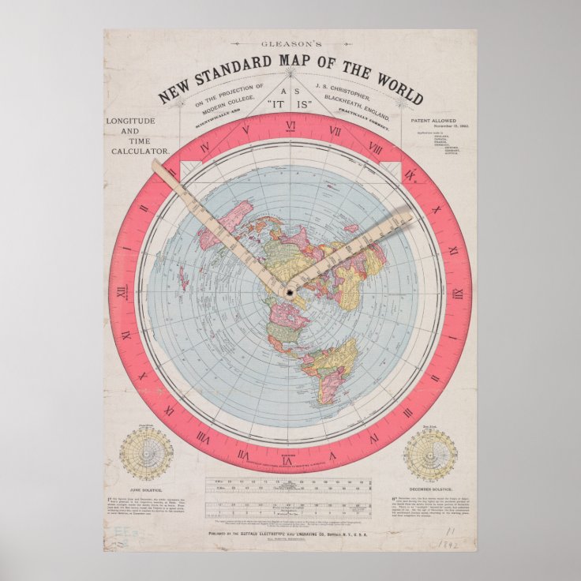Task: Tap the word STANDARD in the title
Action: pyautogui.click(x=242, y=77)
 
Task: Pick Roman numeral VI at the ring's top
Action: pyautogui.click(x=290, y=126)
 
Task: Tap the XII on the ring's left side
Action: pyautogui.click(x=122, y=293)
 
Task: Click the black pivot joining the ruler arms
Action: pyautogui.click(x=290, y=293)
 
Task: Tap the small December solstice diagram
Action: pyautogui.click(x=430, y=455)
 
